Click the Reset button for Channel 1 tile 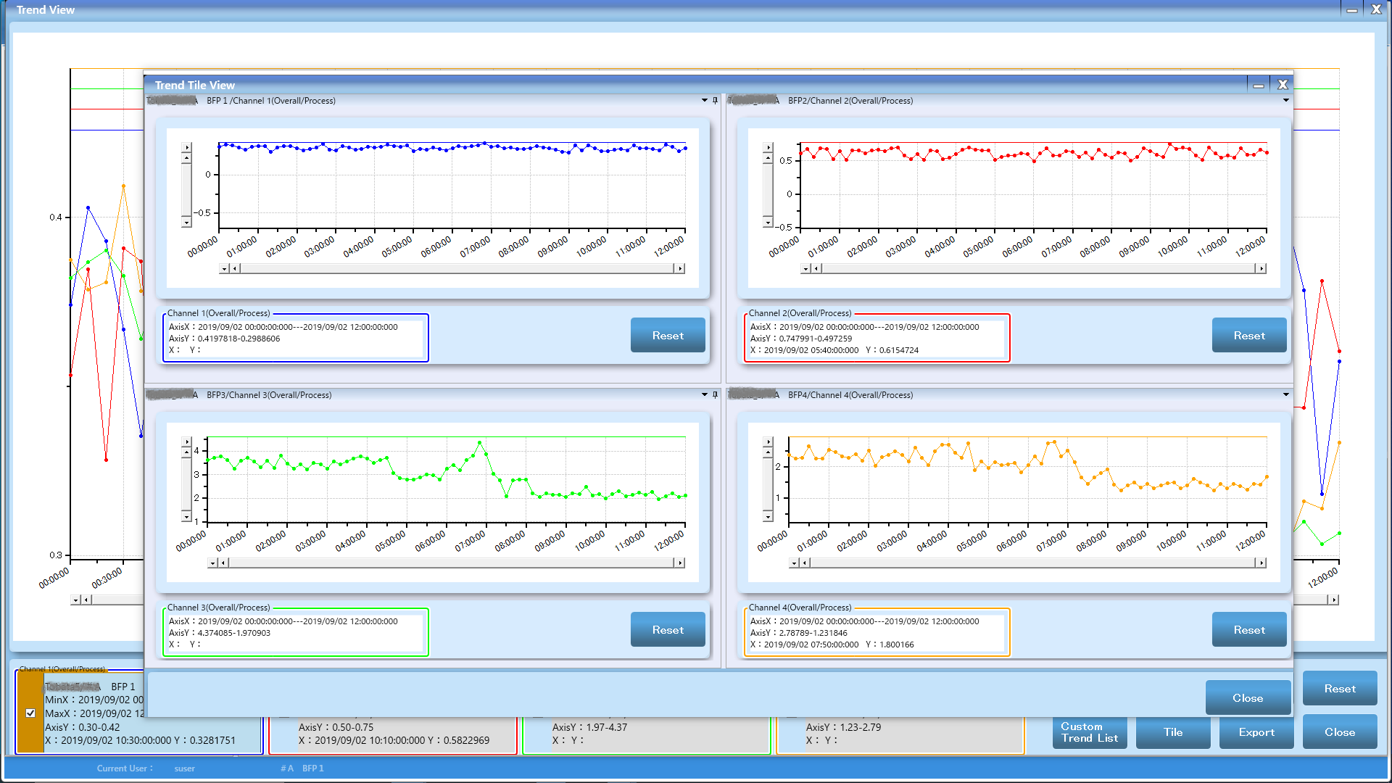click(x=667, y=336)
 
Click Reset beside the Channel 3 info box click(x=667, y=630)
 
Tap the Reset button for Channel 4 click(x=1248, y=630)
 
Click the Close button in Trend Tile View click(x=1247, y=698)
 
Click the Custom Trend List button click(x=1089, y=732)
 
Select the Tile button click(x=1172, y=732)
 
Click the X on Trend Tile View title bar click(x=1283, y=85)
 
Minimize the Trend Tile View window click(x=1259, y=85)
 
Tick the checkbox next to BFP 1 click(x=30, y=713)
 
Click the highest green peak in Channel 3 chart click(x=480, y=442)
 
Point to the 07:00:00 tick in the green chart click(x=471, y=540)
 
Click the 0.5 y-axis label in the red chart click(x=785, y=161)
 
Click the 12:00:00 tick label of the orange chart click(x=1251, y=541)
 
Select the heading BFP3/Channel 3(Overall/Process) click(x=269, y=395)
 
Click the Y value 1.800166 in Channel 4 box click(x=897, y=645)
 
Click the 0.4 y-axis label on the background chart click(x=56, y=217)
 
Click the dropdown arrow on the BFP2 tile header click(x=1285, y=100)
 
